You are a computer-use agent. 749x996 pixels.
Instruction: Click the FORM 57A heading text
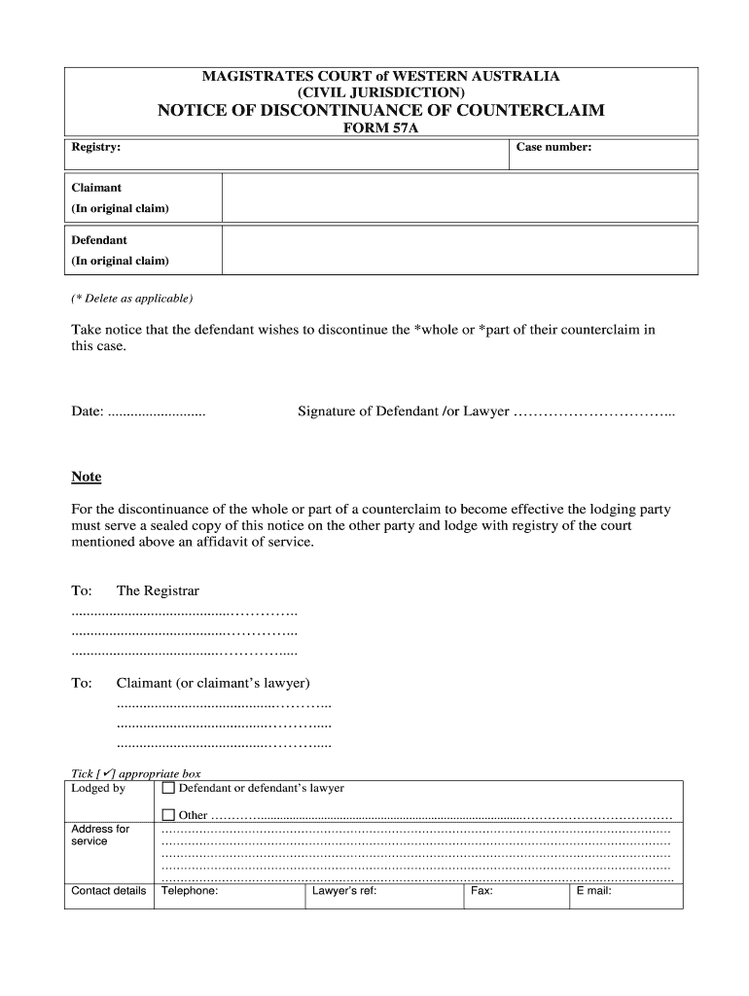click(x=381, y=127)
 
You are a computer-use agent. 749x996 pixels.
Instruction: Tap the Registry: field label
click(x=96, y=147)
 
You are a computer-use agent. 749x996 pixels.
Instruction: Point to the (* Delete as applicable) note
click(x=132, y=298)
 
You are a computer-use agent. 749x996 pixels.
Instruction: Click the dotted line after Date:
click(x=157, y=412)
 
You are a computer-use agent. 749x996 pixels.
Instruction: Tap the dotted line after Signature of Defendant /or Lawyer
click(x=593, y=412)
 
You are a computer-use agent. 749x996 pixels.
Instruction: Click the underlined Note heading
click(x=87, y=477)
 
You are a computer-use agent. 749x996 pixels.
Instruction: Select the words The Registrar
click(x=158, y=590)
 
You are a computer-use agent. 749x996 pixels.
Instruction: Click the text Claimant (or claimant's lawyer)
click(x=213, y=683)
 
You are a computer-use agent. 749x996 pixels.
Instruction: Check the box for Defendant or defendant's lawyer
click(x=168, y=789)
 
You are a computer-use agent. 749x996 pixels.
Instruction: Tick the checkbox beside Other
click(x=168, y=815)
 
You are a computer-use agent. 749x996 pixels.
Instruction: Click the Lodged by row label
click(x=98, y=789)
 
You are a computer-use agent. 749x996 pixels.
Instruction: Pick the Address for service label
click(x=100, y=836)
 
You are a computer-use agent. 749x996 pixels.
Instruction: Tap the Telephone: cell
click(x=190, y=890)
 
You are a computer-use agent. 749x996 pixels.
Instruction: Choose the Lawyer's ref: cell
click(x=343, y=890)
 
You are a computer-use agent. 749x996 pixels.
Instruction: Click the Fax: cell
click(x=481, y=890)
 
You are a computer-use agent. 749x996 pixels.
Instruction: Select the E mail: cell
click(x=593, y=890)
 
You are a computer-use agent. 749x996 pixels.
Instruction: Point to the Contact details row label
click(x=109, y=890)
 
